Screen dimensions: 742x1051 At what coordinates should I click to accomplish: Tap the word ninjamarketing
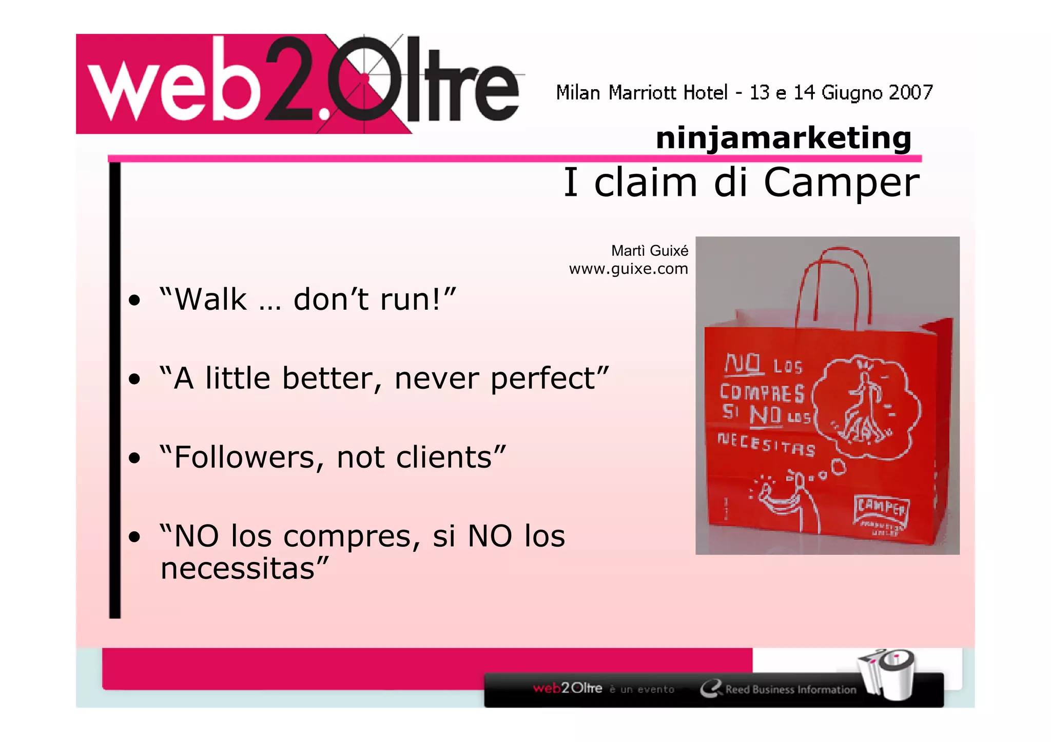(x=784, y=138)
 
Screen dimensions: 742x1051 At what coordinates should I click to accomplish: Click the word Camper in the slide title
(x=841, y=183)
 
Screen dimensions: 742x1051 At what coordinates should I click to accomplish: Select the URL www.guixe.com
(x=628, y=269)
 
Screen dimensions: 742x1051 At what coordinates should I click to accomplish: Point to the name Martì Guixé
(x=650, y=251)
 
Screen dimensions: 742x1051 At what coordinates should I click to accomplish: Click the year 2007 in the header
(x=910, y=93)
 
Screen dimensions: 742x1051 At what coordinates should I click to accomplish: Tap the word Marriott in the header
(x=642, y=93)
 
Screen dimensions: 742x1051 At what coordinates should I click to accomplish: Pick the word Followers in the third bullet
(x=244, y=457)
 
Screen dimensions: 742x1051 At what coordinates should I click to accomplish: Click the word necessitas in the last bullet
(x=238, y=569)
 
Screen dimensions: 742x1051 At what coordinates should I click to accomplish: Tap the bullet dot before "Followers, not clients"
(x=134, y=458)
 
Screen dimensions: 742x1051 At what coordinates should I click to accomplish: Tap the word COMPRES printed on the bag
(x=762, y=393)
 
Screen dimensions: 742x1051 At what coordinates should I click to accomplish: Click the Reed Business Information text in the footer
(x=790, y=690)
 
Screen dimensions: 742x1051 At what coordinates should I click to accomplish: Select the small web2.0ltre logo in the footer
(x=568, y=688)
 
